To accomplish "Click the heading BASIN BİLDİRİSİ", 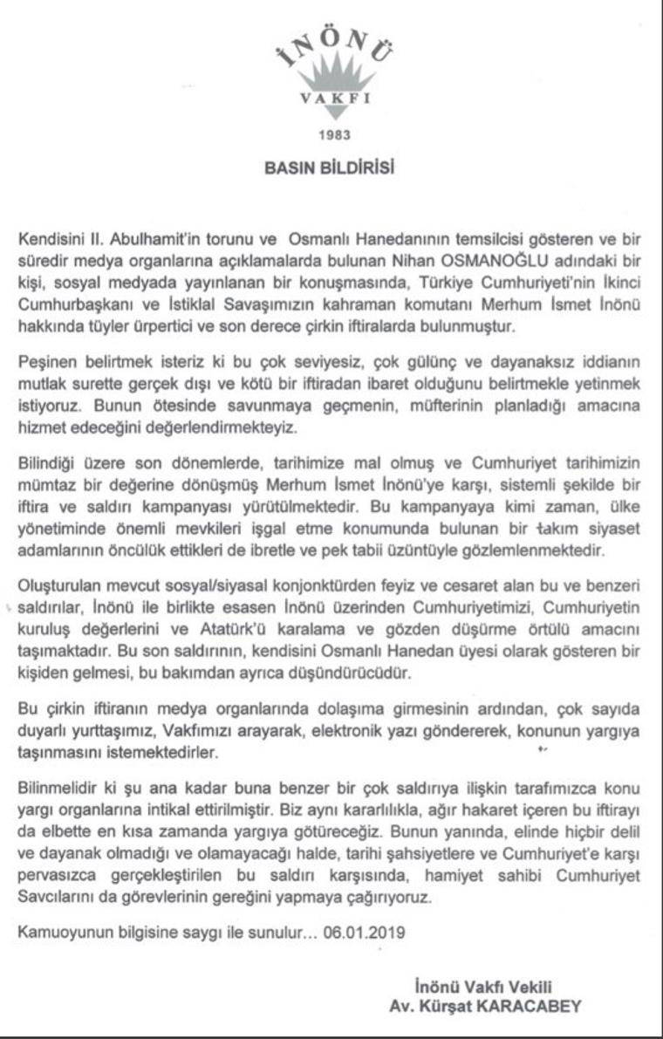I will (330, 167).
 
